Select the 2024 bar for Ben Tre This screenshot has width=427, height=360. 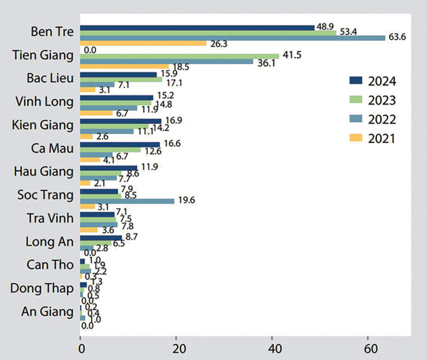coord(197,28)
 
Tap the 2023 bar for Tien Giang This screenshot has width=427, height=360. coord(179,56)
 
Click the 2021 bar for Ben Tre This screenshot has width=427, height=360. coord(143,43)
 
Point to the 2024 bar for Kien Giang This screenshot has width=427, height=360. coord(121,121)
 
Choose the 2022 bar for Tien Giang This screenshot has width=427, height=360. coord(166,61)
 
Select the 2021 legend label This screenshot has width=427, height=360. coord(382,139)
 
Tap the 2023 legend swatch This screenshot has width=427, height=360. coord(356,100)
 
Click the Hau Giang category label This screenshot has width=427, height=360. coord(43,171)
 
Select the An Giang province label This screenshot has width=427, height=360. coord(47,312)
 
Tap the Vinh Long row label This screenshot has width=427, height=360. coord(44,101)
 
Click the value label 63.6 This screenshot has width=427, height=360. coord(397,38)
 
